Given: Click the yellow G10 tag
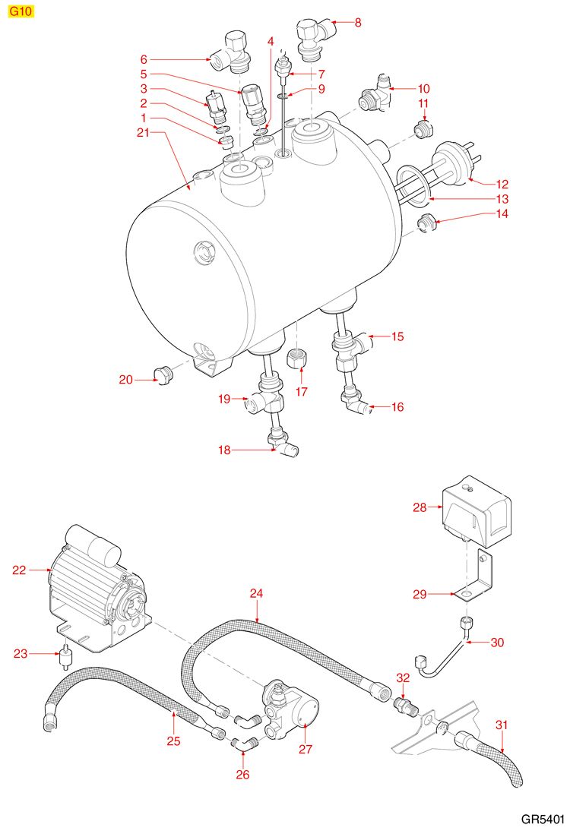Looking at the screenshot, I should click(x=21, y=13).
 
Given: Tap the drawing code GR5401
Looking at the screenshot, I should click(x=543, y=820).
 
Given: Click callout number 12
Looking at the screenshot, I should click(x=502, y=184).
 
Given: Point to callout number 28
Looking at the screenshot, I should click(x=420, y=507).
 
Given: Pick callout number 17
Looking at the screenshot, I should click(x=302, y=392).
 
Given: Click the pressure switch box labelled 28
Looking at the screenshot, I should click(x=477, y=507).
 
